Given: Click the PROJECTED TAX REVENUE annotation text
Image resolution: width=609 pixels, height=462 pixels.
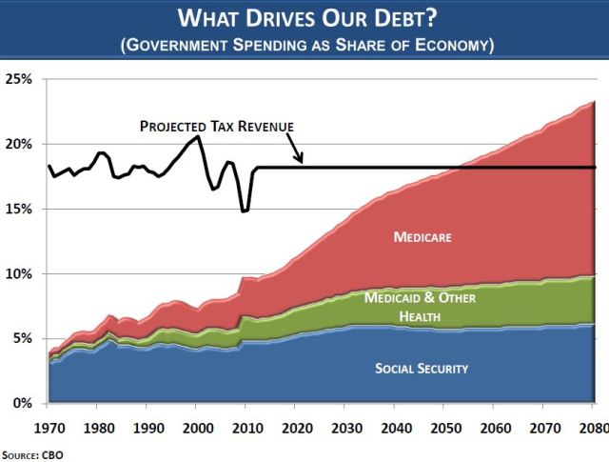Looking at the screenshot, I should pos(217,126).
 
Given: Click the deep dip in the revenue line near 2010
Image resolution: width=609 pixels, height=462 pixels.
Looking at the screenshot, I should pos(245,211).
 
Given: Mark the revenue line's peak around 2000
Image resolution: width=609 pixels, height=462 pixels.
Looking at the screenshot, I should pos(197,136).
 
